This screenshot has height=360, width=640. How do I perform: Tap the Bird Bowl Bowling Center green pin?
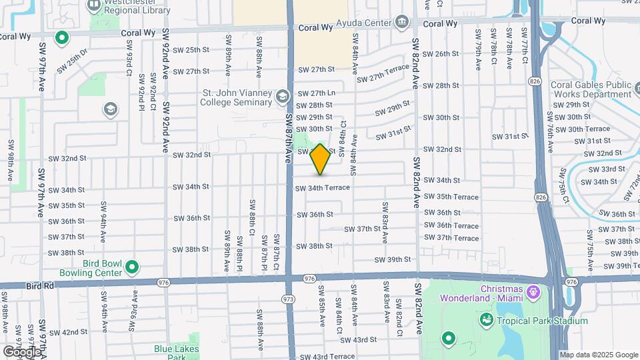131,268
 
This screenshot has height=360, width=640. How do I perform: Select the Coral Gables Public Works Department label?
591,89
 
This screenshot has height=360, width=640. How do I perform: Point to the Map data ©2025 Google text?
599,355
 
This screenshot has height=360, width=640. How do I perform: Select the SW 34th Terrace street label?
323,188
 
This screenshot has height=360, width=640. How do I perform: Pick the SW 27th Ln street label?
316,93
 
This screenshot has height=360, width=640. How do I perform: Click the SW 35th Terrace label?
457,197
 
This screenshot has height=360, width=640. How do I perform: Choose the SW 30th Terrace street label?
587,129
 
